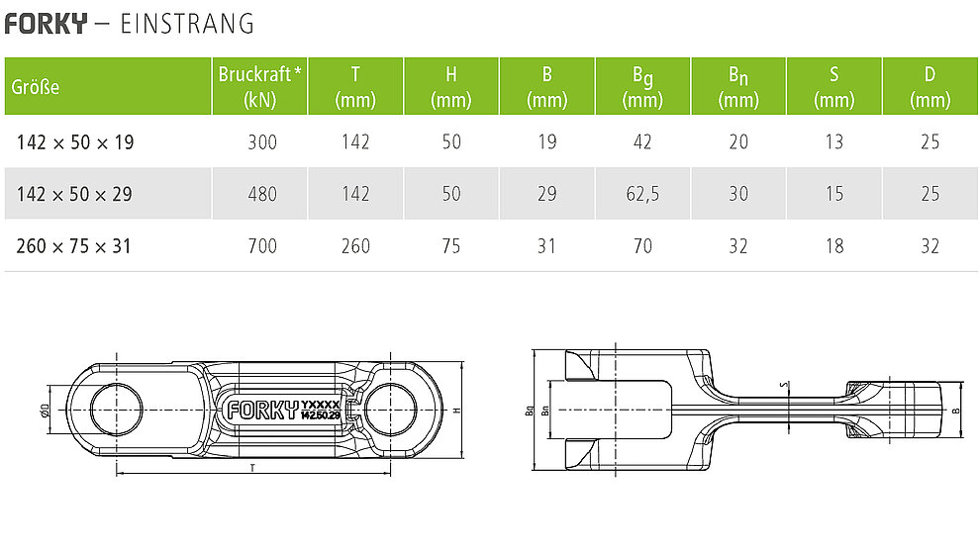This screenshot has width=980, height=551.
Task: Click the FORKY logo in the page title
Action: [46, 24]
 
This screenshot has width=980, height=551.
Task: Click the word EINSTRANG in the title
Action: [187, 24]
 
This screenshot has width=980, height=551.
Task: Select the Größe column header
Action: [36, 87]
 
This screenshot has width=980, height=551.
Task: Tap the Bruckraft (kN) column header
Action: [260, 87]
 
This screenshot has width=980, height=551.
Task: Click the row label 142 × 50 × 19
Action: [75, 142]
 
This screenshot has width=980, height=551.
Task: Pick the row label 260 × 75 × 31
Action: [74, 246]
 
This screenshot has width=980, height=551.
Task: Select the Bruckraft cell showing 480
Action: [262, 194]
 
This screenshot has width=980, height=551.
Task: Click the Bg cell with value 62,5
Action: [642, 194]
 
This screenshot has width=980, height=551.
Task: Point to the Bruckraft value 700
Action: [262, 246]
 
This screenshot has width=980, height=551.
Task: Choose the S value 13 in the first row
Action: [833, 142]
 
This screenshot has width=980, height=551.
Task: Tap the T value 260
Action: [355, 246]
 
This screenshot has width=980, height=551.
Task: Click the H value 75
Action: [451, 246]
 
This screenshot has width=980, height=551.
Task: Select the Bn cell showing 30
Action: [738, 194]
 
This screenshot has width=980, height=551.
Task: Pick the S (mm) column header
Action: [833, 87]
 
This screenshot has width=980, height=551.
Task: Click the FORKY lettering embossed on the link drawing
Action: [262, 410]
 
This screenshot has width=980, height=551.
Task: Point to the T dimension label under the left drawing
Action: [252, 467]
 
